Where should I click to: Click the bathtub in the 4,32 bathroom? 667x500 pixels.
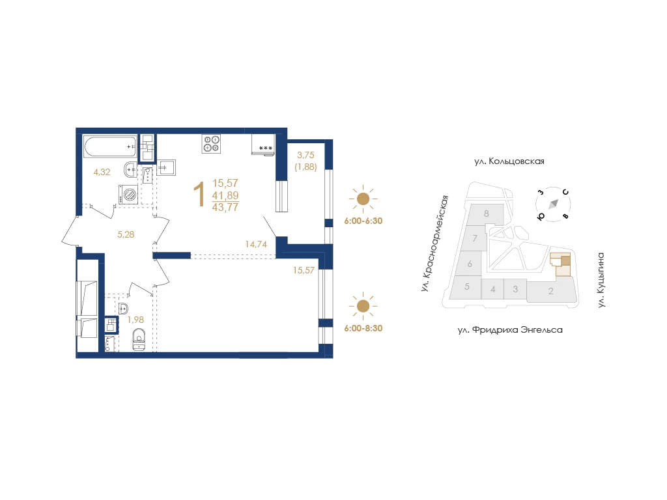[x=110, y=146]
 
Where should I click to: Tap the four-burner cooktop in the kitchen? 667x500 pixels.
[x=212, y=143]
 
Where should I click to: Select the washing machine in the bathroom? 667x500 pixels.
[x=128, y=195]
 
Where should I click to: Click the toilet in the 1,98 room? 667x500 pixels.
[x=139, y=339]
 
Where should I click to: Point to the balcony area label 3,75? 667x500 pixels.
[x=305, y=155]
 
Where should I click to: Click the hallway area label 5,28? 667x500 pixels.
[x=126, y=234]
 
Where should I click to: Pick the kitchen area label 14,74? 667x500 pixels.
[x=256, y=245]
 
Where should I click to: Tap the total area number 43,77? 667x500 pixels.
[x=225, y=207]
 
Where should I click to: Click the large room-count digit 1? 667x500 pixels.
[x=199, y=194]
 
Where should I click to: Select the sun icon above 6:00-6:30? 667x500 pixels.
[x=363, y=199]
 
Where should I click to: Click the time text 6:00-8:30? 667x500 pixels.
[x=363, y=328]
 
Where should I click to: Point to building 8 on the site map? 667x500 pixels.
[x=486, y=214]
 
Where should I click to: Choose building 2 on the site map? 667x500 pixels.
[x=551, y=291]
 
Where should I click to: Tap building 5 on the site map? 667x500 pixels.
[x=466, y=287]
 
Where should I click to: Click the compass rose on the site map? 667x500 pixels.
[x=553, y=204]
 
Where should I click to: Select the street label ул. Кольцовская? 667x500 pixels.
[x=509, y=161]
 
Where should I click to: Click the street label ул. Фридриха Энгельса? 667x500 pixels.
[x=510, y=330]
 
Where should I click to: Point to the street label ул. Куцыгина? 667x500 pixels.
[x=601, y=280]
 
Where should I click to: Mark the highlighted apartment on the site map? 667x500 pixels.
[x=561, y=264]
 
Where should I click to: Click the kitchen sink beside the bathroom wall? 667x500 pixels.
[x=166, y=167]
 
